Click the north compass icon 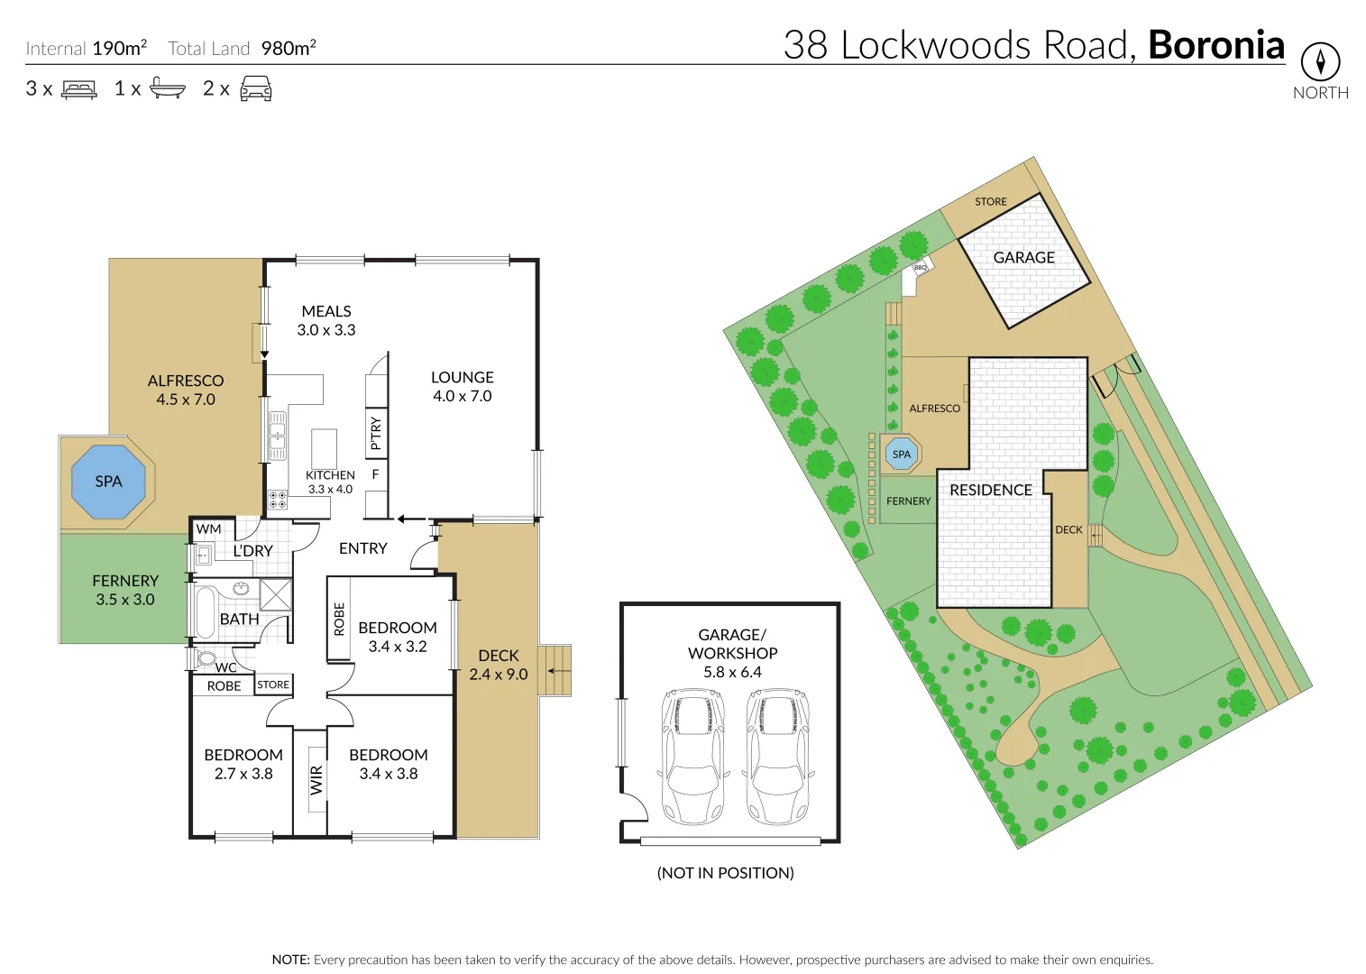coord(1320,62)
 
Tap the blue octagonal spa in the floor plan coord(108,482)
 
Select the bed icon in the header coord(78,89)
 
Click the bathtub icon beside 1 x coord(167,88)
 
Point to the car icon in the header coord(256,88)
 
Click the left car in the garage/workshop coord(693,756)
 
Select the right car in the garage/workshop coord(777,756)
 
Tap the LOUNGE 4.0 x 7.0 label coord(462,386)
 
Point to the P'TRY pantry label coord(376,433)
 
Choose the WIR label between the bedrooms coord(316,779)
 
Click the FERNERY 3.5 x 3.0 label coord(125,590)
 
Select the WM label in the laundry coord(208,529)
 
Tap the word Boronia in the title coord(1215,45)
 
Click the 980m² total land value coord(289,48)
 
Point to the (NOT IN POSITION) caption coord(725,872)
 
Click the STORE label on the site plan coord(990,202)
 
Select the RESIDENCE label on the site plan coord(990,490)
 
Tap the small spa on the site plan coord(902,454)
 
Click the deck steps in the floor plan coord(555,670)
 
